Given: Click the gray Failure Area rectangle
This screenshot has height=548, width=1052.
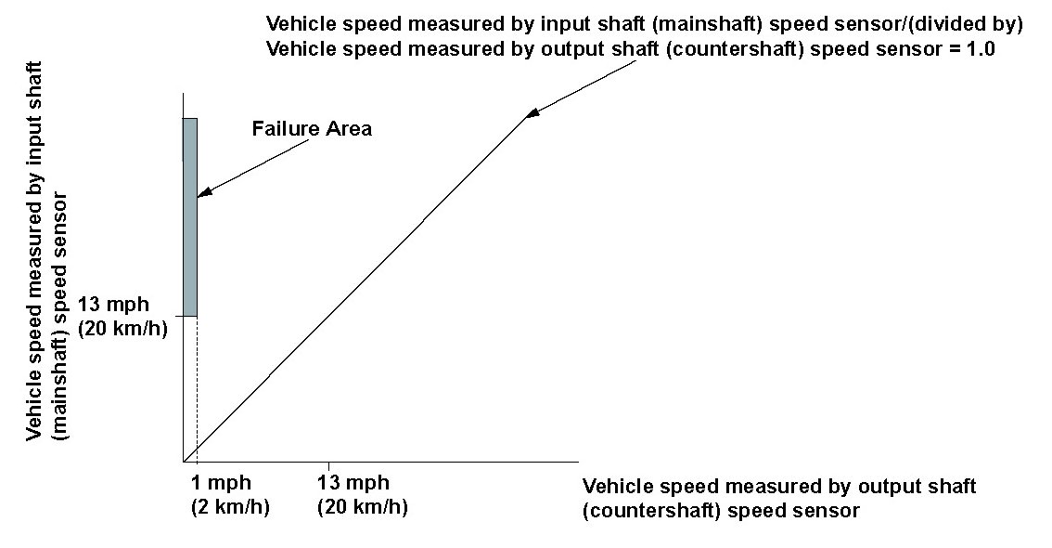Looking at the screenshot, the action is [190, 217].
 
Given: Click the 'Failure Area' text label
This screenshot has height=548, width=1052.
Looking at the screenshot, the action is [312, 128].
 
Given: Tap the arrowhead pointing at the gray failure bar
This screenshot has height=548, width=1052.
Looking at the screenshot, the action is [205, 191].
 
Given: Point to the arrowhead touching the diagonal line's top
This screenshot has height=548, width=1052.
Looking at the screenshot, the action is [532, 112].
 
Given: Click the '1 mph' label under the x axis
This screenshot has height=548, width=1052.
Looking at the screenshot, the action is [221, 482].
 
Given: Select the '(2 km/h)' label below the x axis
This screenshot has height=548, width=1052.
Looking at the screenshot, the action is [230, 506].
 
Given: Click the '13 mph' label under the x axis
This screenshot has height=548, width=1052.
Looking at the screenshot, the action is [353, 482].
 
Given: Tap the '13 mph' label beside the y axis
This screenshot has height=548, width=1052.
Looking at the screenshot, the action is [113, 305].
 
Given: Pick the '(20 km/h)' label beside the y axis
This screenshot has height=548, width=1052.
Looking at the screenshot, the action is [122, 329].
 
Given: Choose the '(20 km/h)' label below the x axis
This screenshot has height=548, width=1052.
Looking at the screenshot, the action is [363, 506].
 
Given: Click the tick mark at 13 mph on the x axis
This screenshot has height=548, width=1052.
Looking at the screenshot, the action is [328, 466].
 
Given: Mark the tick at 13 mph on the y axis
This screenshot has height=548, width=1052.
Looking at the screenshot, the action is [179, 316].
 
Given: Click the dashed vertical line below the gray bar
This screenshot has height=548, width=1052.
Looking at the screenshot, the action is [197, 389].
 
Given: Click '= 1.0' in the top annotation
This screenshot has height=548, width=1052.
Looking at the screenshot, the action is [972, 49].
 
